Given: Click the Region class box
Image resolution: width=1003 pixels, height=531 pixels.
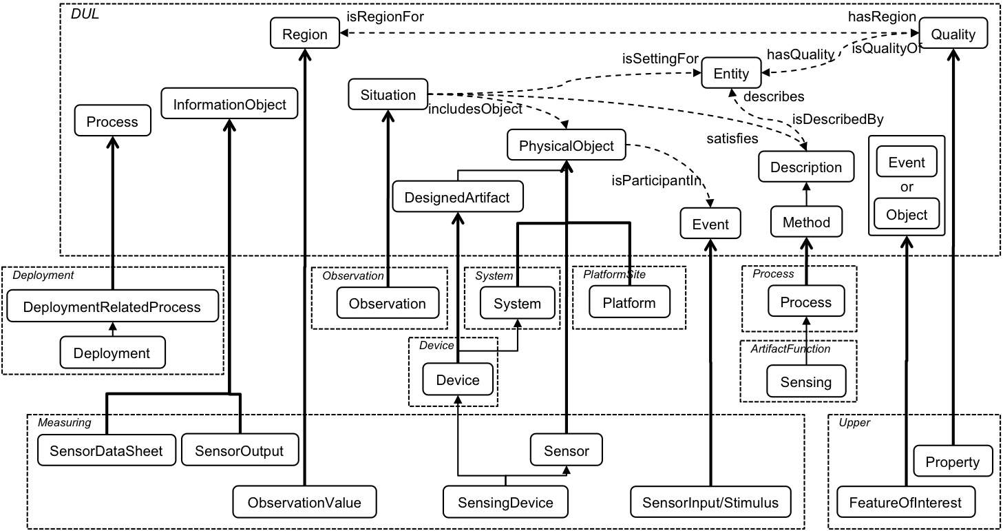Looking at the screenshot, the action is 305,33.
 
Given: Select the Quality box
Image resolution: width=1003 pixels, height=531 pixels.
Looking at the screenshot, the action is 953,33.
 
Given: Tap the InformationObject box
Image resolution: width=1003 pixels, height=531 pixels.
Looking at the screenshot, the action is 229,103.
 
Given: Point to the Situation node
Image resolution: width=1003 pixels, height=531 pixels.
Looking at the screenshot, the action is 388,94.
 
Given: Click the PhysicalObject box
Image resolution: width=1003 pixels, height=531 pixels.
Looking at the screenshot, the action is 567,145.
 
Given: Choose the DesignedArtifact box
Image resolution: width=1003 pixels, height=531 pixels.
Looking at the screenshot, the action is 458,197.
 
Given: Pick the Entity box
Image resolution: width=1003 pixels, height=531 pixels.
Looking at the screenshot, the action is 731,72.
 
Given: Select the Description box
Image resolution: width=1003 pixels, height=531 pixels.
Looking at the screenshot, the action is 806,167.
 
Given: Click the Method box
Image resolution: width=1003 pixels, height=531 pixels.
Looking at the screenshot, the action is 806,221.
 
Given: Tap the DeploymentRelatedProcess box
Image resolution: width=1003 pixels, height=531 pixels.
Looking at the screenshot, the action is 112,306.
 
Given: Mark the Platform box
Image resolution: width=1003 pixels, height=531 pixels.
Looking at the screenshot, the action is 630,302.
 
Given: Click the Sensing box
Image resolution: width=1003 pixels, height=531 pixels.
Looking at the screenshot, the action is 806,382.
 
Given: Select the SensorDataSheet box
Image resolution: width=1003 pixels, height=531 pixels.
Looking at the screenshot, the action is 107,450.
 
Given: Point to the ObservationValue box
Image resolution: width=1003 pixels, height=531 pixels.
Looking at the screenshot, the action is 304,502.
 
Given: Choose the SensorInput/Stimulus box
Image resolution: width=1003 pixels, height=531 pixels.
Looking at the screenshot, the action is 710,502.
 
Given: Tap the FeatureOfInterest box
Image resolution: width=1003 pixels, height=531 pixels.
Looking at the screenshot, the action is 906,502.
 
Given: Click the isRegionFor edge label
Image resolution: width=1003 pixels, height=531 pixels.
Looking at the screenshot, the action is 385,17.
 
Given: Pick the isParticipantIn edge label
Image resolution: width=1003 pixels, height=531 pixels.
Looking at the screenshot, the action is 657,180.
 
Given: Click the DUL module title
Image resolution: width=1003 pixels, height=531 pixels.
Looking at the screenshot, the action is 85,14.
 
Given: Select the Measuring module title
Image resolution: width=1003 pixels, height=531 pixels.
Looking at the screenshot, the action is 65,422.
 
